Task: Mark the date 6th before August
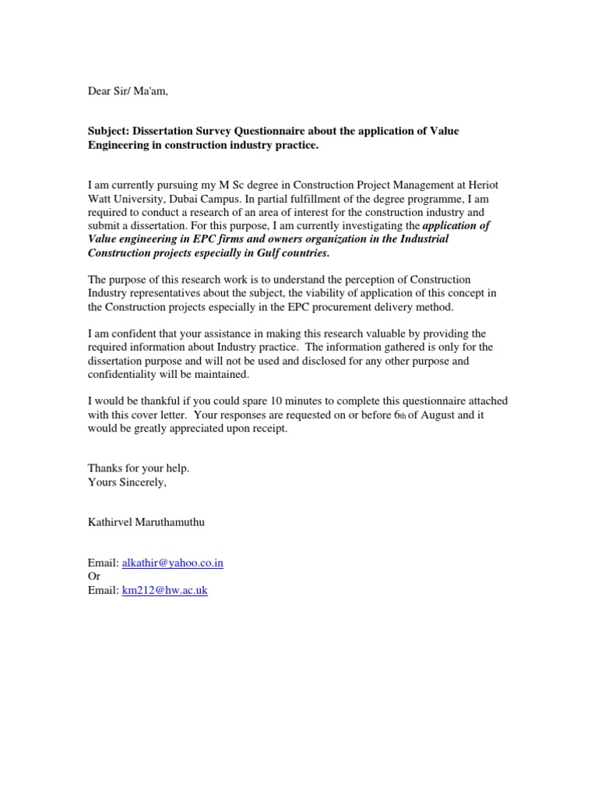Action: [x=400, y=415]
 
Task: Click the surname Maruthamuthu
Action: [x=167, y=522]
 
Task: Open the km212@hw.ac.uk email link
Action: [x=164, y=590]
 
